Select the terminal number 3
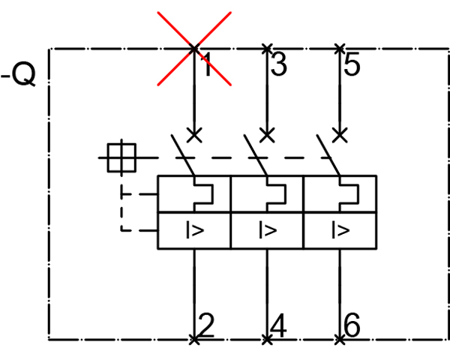pyautogui.click(x=278, y=66)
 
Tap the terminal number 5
pyautogui.click(x=352, y=66)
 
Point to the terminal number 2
pyautogui.click(x=206, y=325)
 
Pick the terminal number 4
pyautogui.click(x=278, y=325)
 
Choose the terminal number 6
pyautogui.click(x=352, y=325)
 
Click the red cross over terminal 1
pyautogui.click(x=194, y=49)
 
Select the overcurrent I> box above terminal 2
pyautogui.click(x=194, y=230)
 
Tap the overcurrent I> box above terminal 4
pyautogui.click(x=267, y=230)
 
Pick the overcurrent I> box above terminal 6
pyautogui.click(x=340, y=230)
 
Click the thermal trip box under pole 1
pyautogui.click(x=194, y=194)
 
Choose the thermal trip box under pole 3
pyautogui.click(x=267, y=194)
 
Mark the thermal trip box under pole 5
pyautogui.click(x=340, y=194)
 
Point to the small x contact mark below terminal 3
pyautogui.click(x=267, y=135)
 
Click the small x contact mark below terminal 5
pyautogui.click(x=340, y=135)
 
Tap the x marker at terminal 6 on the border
pyautogui.click(x=340, y=340)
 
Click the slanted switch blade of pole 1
pyautogui.click(x=183, y=156)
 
